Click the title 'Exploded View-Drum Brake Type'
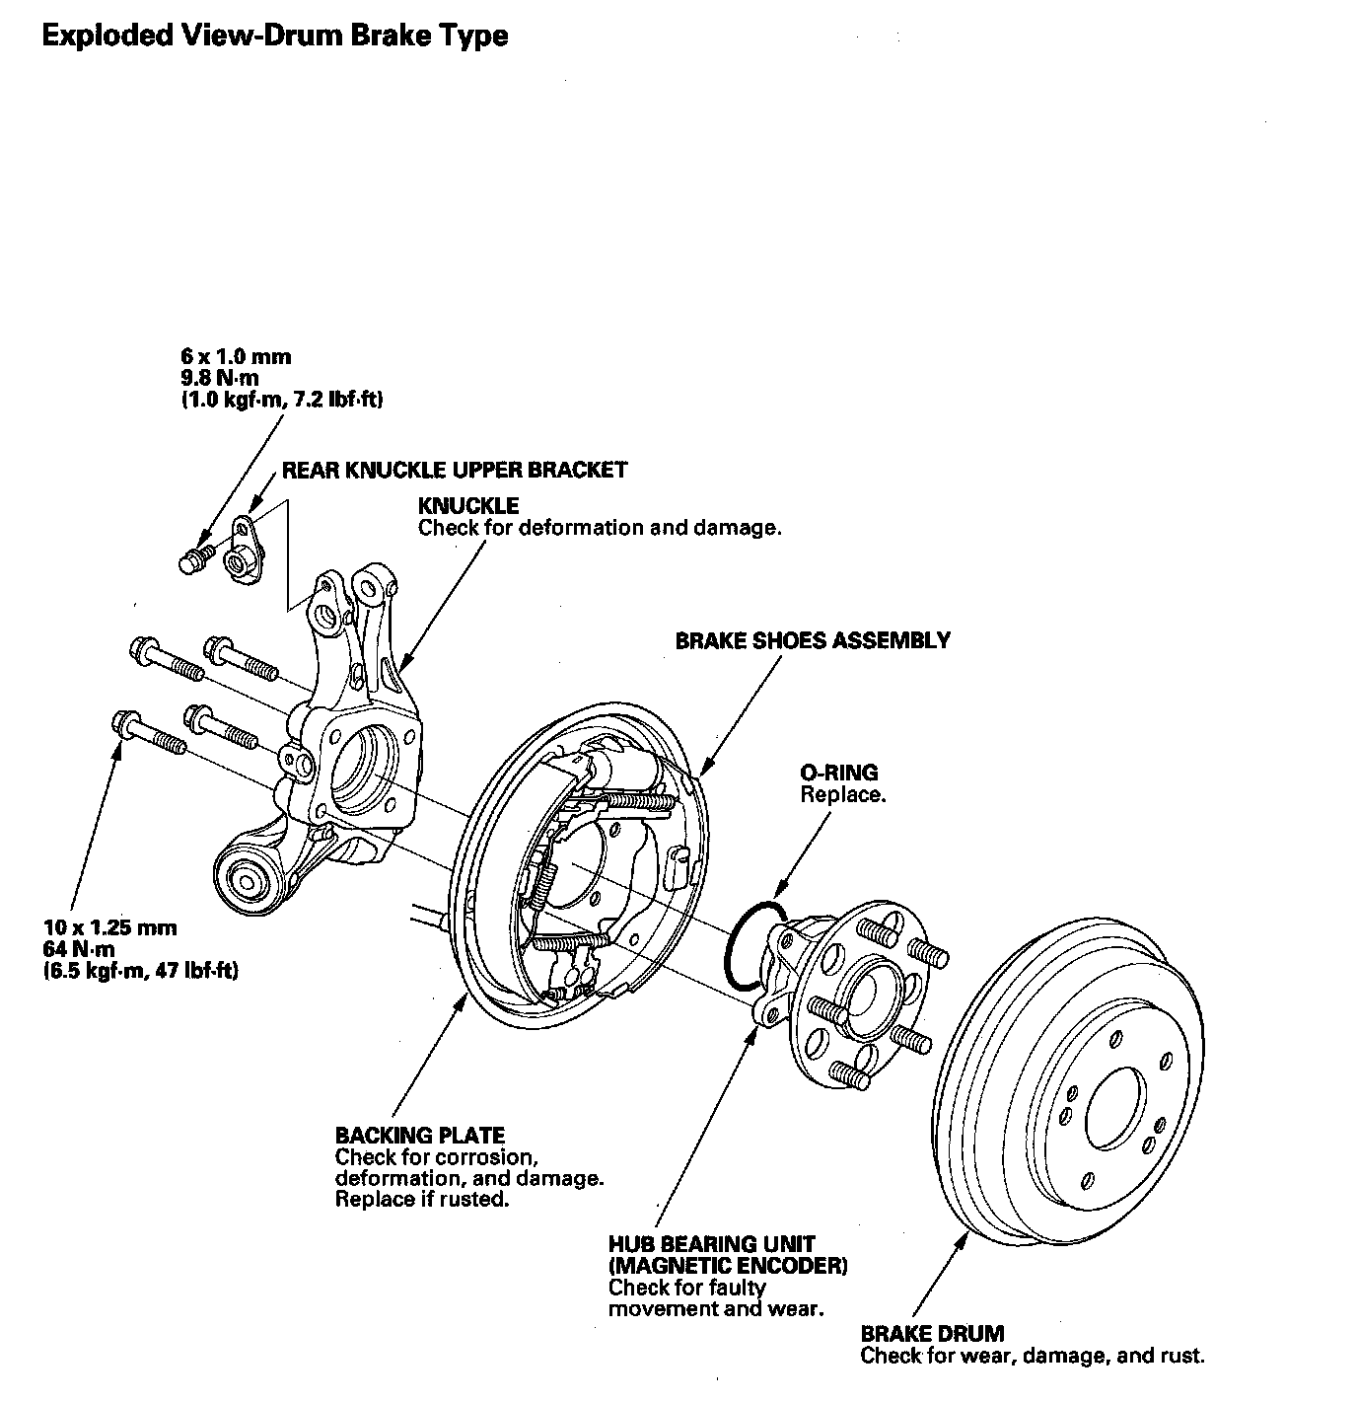pos(275,36)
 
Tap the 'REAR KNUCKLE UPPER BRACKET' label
pos(455,470)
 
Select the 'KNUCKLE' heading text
pos(467,506)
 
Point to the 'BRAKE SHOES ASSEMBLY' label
pos(813,640)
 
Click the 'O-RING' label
pos(838,773)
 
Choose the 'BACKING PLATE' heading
pos(420,1135)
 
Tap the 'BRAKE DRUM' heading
pos(932,1334)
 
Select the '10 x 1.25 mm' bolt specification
pos(110,927)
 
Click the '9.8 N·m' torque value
pos(223,378)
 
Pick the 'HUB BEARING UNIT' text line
pos(712,1244)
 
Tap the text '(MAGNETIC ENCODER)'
pos(728,1266)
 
